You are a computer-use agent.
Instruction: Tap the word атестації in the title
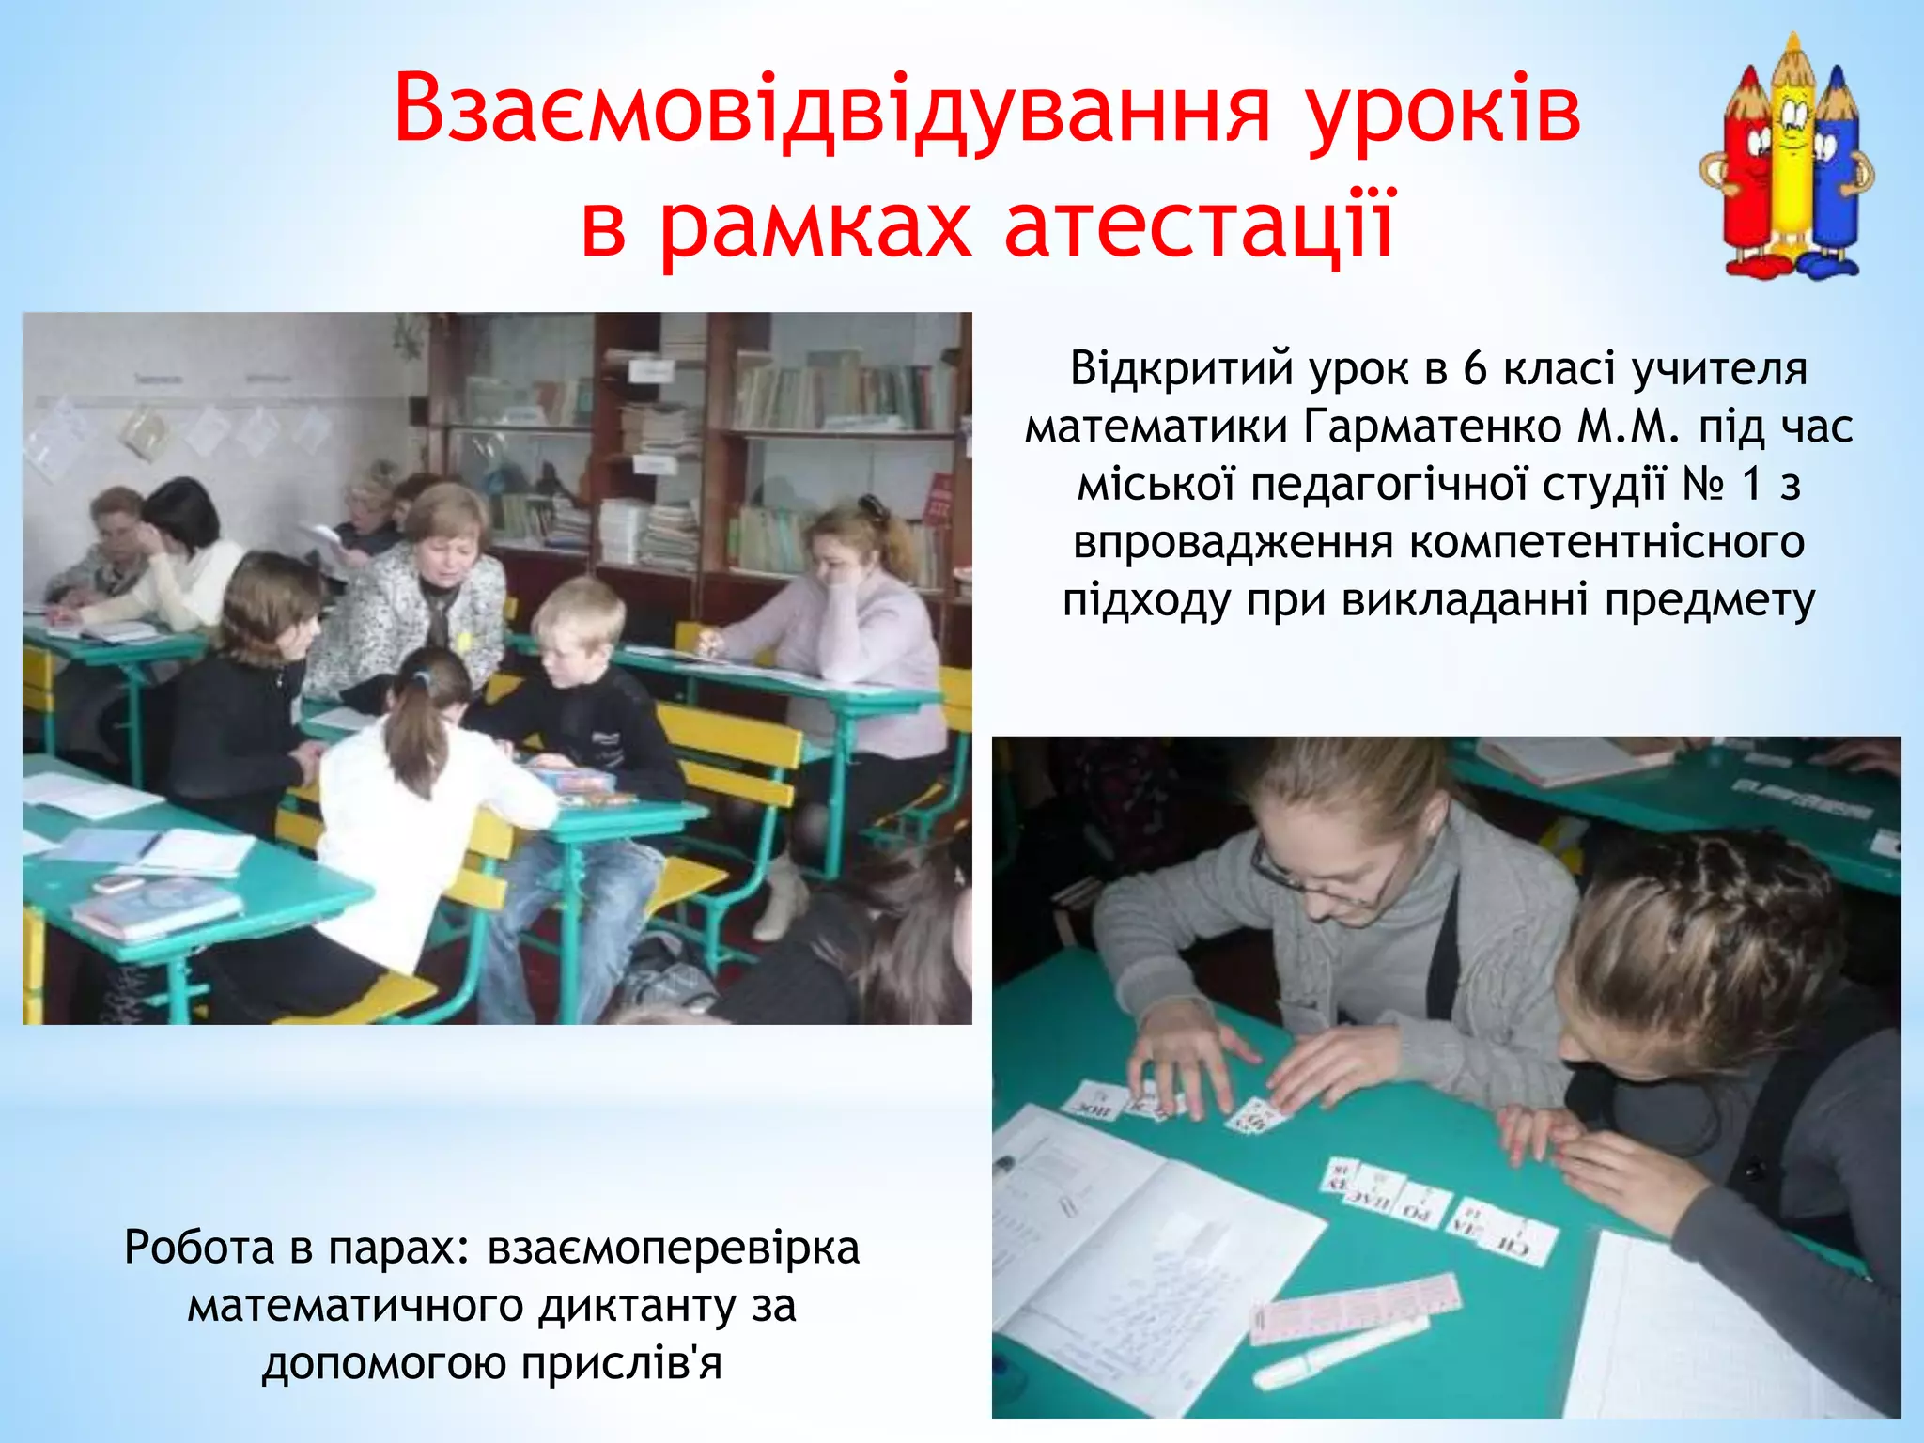(x=1200, y=225)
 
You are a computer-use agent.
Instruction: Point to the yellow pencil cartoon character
(x=1791, y=155)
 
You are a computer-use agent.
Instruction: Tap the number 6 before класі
(x=1475, y=369)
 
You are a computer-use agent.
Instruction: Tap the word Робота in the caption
(x=199, y=1249)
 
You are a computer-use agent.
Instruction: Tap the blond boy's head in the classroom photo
(x=579, y=620)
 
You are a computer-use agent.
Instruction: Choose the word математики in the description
(x=1156, y=427)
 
